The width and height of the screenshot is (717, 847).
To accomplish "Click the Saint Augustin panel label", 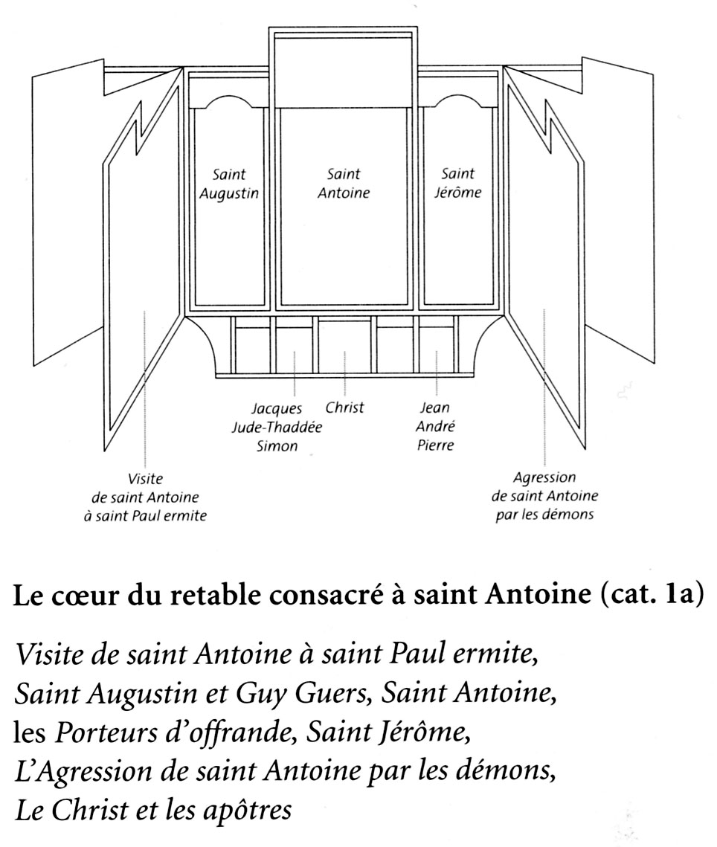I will [229, 184].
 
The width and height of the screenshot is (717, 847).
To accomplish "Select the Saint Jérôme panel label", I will [457, 184].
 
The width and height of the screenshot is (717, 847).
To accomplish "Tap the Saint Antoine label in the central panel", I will [344, 184].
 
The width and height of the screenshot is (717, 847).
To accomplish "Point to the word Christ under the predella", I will [344, 408].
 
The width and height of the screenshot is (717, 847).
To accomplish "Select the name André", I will [436, 428].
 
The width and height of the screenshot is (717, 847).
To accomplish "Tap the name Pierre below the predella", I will [436, 446].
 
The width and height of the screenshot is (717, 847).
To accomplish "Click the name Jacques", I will [276, 408].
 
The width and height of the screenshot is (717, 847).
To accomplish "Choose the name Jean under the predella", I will [436, 408].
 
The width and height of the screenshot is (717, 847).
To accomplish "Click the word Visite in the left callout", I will [145, 479].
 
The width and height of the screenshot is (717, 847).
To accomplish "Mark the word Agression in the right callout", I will [544, 478].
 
